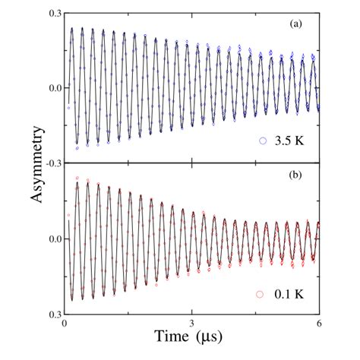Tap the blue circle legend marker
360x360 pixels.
tap(264, 141)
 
